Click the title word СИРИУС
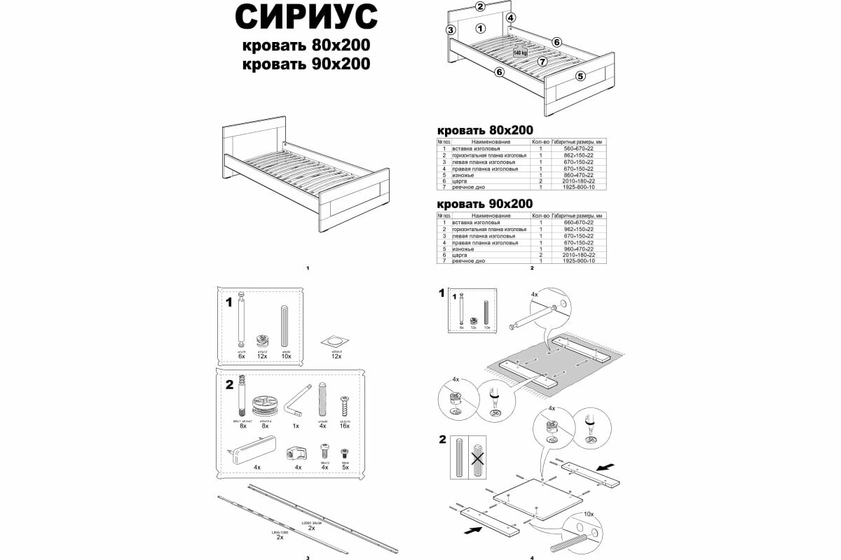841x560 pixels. (x=306, y=17)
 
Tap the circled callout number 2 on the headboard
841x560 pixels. (x=480, y=7)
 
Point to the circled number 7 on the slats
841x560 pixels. (x=542, y=62)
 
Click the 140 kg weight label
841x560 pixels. (x=519, y=52)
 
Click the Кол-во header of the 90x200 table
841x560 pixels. (x=540, y=216)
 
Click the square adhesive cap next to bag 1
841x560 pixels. (x=336, y=341)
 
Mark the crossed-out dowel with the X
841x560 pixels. (x=479, y=458)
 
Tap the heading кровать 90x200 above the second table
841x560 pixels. (x=484, y=204)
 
